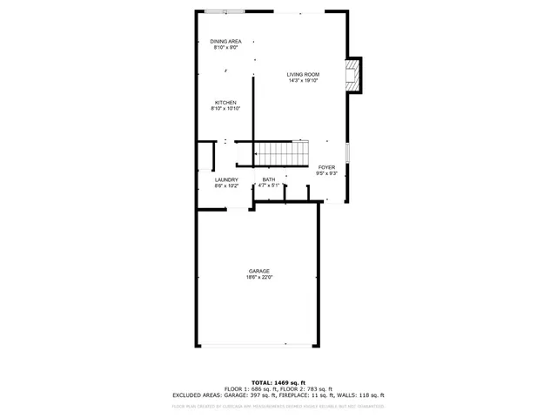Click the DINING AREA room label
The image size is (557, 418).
tap(225, 41)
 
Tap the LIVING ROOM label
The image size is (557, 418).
tap(304, 75)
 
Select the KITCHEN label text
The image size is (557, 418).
tap(225, 103)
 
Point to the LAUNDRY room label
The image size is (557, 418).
tap(226, 179)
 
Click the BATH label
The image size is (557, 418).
tap(269, 179)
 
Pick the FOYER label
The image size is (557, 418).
tap(326, 167)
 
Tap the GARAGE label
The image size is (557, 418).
tap(259, 271)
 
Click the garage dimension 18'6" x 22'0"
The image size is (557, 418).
tap(259, 278)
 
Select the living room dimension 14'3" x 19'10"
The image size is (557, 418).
tap(304, 82)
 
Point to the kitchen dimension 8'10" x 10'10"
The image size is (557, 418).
tap(225, 110)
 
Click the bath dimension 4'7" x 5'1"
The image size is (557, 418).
tap(269, 185)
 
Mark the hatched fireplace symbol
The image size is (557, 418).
tap(352, 75)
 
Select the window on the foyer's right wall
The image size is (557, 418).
tap(347, 152)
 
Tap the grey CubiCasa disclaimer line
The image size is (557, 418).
tap(278, 406)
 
